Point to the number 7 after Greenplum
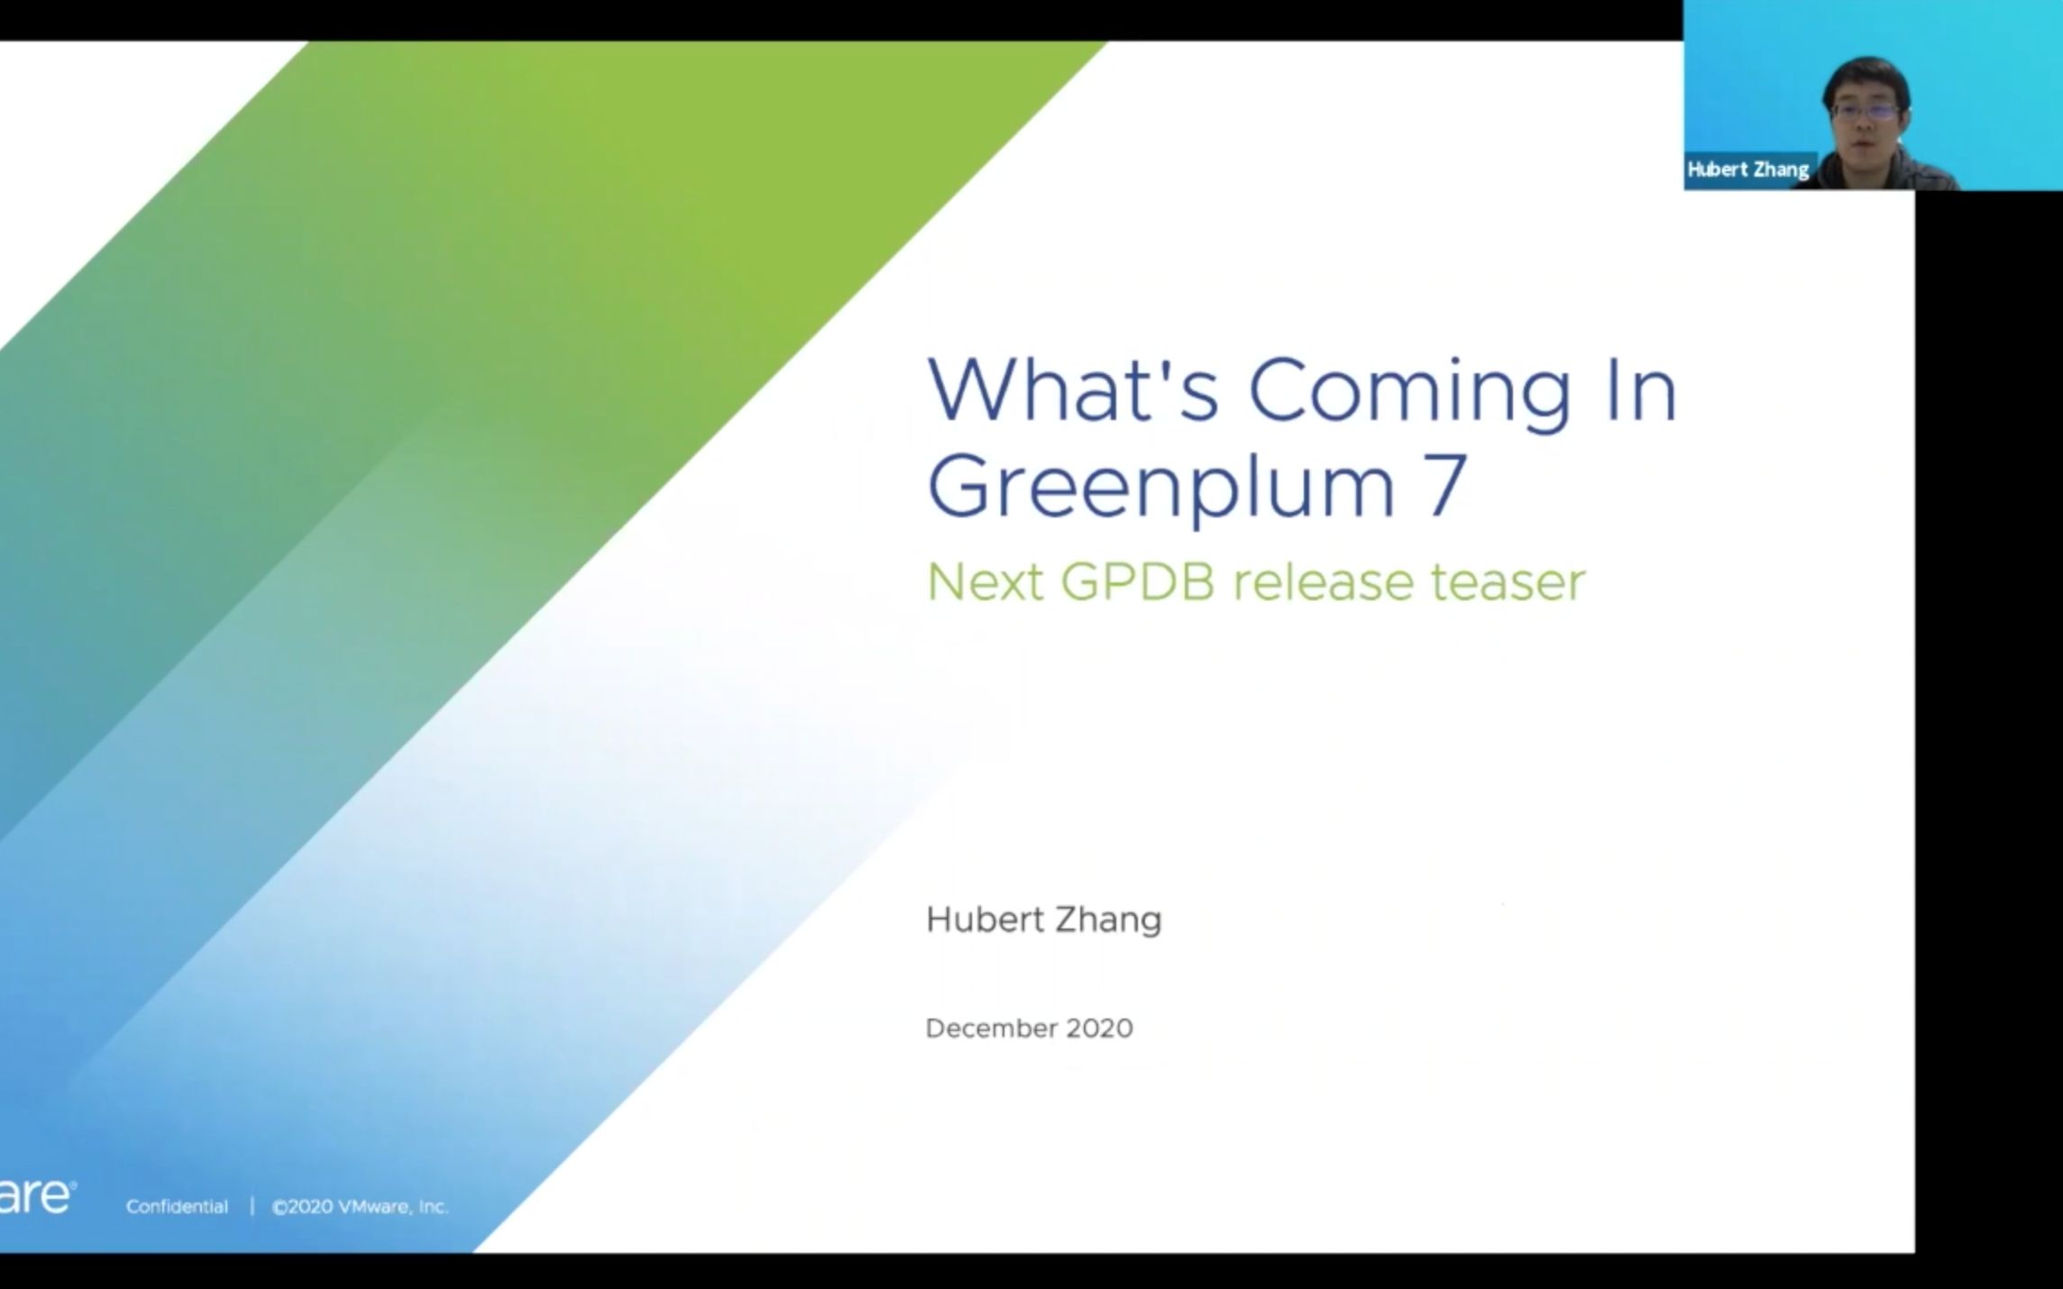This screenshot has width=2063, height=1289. (x=1445, y=485)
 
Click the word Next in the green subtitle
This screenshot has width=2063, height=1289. (x=986, y=582)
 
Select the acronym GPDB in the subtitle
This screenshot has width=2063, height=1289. (x=1137, y=582)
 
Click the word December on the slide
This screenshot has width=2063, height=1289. (x=991, y=1028)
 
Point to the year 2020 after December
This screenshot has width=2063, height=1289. (x=1099, y=1028)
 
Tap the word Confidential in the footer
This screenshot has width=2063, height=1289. (x=177, y=1207)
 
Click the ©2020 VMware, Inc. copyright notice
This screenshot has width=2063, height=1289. (x=360, y=1207)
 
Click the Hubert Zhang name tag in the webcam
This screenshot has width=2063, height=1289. (x=1748, y=169)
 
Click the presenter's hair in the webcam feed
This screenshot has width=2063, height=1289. (x=1866, y=78)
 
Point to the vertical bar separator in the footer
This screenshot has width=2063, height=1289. (x=252, y=1207)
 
